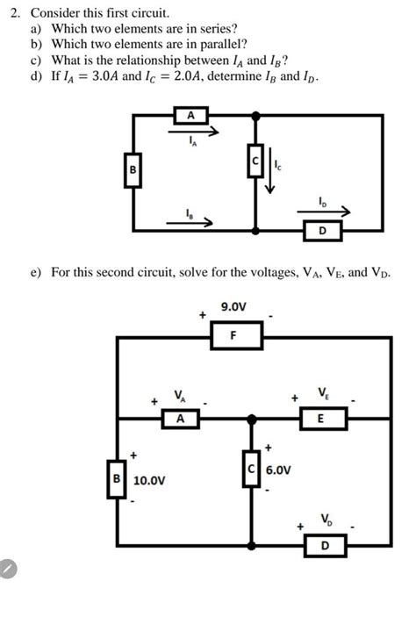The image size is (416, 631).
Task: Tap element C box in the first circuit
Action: click(x=255, y=163)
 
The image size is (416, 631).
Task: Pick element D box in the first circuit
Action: click(x=323, y=231)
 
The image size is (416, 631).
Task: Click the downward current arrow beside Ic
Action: click(x=269, y=176)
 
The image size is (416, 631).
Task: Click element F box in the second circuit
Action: click(x=233, y=335)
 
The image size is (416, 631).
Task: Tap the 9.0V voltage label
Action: click(x=233, y=306)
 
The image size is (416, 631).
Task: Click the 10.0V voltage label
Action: click(x=151, y=481)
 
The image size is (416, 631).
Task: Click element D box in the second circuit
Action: click(x=326, y=546)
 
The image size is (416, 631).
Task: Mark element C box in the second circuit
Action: click(x=252, y=471)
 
